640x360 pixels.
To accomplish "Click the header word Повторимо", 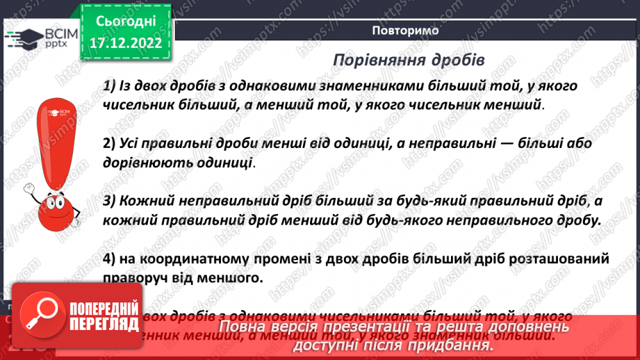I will [405, 31].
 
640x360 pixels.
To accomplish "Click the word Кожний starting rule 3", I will [145, 201].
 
